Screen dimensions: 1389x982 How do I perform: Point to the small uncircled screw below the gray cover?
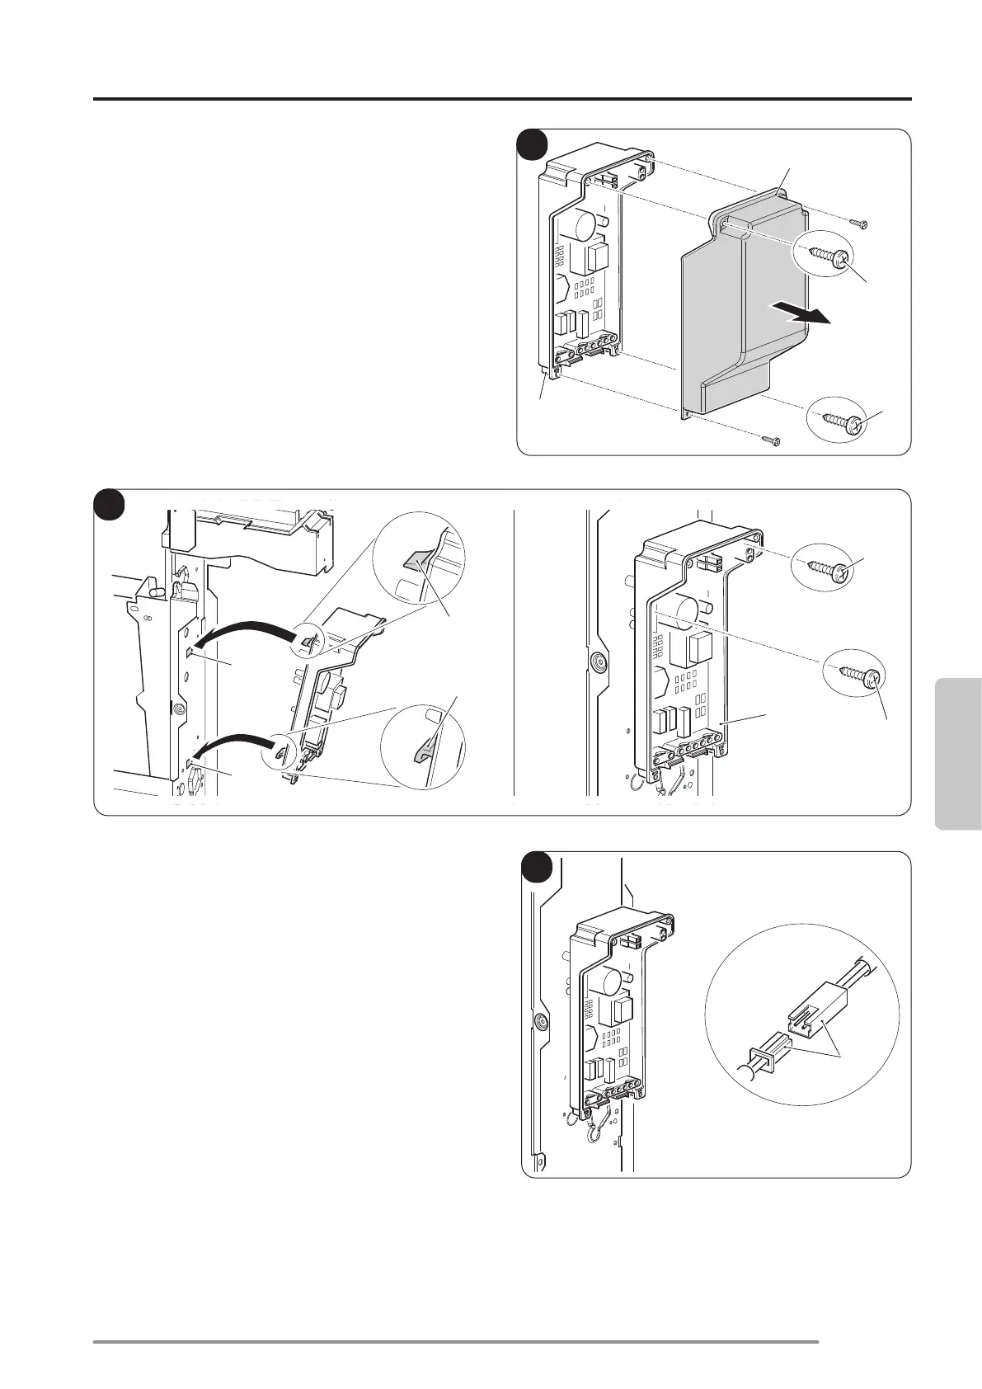pos(771,440)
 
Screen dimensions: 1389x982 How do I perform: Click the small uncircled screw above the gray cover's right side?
pos(859,223)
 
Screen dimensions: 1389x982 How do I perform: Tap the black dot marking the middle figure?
pos(108,504)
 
